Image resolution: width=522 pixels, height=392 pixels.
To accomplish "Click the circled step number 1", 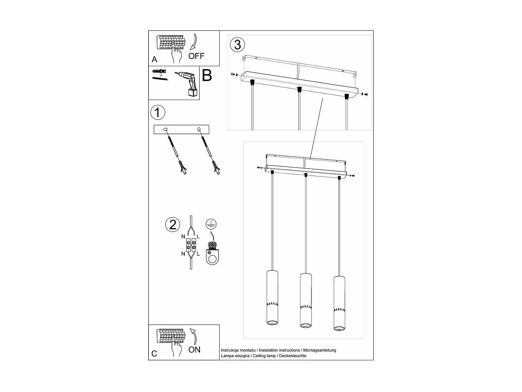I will pyautogui.click(x=158, y=113).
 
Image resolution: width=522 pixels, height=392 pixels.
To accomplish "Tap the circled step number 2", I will pyautogui.click(x=173, y=225).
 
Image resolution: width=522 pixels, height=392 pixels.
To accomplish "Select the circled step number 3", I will pyautogui.click(x=237, y=45).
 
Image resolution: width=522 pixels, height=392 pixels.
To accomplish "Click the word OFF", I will pyautogui.click(x=197, y=56).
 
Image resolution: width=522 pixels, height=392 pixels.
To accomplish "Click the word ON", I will pyautogui.click(x=194, y=349).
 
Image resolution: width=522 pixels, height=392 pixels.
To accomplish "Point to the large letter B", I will pyautogui.click(x=207, y=75).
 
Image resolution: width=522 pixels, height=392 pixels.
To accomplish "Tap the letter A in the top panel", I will pyautogui.click(x=155, y=60).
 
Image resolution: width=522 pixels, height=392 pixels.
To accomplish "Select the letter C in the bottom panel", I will pyautogui.click(x=155, y=354).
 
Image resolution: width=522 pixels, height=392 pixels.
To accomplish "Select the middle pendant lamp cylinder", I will pyautogui.click(x=306, y=300).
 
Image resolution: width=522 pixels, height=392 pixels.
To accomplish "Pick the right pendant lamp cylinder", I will pyautogui.click(x=339, y=303).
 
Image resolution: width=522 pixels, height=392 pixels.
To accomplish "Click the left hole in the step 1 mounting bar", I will pyautogui.click(x=166, y=130).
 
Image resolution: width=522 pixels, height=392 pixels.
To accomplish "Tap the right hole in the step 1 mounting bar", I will pyautogui.click(x=199, y=130).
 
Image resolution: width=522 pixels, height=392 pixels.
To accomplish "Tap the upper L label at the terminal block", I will pyautogui.click(x=198, y=237).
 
